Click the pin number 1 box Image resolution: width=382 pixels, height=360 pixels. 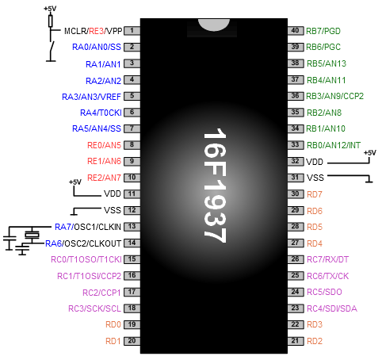[132, 31]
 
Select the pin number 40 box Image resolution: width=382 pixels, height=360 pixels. [296, 31]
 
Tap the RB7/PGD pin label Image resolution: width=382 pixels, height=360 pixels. [323, 31]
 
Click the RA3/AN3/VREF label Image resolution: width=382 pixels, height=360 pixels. [91, 97]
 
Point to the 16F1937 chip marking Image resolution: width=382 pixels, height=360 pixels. [215, 186]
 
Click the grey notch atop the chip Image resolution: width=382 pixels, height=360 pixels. [214, 25]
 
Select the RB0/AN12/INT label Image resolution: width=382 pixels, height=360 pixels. [334, 145]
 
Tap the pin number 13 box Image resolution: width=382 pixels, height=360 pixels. [132, 227]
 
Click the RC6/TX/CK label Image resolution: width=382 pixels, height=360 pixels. [327, 276]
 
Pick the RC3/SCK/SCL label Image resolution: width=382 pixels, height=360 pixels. [94, 308]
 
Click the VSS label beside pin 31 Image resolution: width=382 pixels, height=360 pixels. [315, 178]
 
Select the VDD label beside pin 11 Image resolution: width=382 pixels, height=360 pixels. [113, 193]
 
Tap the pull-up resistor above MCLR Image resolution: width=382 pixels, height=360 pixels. [51, 21]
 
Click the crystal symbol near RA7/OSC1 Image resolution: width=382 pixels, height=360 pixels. [32, 235]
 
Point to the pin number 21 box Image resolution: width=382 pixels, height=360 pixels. [296, 341]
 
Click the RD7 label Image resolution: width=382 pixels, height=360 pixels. [315, 194]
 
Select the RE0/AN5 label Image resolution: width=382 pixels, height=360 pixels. [104, 145]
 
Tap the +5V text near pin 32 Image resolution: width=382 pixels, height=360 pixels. [369, 153]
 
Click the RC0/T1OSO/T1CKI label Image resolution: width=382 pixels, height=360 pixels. [86, 259]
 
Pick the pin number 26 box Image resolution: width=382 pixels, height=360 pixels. [296, 259]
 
